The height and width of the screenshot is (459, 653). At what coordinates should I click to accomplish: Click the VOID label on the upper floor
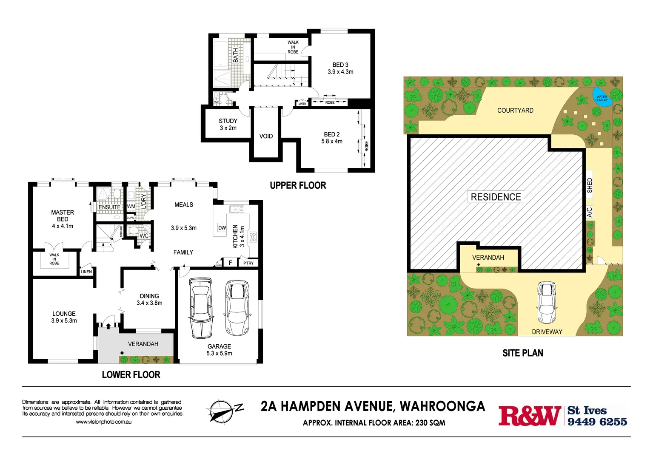(x=266, y=136)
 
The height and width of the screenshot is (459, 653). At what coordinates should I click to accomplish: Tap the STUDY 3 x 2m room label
(x=228, y=125)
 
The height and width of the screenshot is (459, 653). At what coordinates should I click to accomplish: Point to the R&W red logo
(x=529, y=416)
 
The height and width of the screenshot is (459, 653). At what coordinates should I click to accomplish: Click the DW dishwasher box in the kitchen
(x=222, y=228)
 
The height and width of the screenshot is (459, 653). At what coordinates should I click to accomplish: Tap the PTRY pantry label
(x=248, y=263)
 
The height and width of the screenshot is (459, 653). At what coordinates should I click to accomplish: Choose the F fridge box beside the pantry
(x=230, y=263)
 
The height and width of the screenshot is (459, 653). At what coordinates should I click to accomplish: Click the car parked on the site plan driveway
(x=547, y=303)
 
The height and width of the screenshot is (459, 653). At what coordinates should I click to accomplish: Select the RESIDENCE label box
(x=496, y=197)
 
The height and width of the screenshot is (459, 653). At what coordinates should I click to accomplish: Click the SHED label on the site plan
(x=590, y=185)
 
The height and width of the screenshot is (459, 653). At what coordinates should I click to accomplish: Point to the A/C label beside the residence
(x=590, y=212)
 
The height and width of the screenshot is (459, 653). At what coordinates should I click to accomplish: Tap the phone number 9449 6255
(x=597, y=422)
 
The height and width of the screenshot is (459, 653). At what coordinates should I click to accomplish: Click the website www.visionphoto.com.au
(x=103, y=422)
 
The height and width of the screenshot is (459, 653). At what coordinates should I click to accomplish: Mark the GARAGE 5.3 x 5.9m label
(x=219, y=350)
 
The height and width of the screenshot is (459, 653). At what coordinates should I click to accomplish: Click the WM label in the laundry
(x=131, y=207)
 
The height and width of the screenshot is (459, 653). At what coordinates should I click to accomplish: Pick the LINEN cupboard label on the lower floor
(x=86, y=272)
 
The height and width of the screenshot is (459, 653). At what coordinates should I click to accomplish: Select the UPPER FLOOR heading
(x=298, y=185)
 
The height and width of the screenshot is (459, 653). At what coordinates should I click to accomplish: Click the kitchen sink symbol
(x=237, y=209)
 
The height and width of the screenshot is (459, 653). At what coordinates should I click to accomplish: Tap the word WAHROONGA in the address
(x=442, y=406)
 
